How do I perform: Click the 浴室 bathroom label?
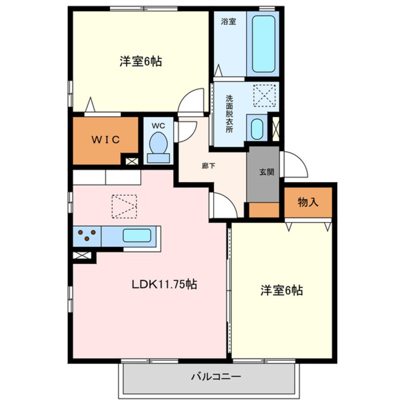(228, 22)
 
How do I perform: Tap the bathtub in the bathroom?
(263, 44)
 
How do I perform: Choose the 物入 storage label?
(308, 202)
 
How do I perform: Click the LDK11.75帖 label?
(165, 284)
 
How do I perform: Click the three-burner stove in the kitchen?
(88, 236)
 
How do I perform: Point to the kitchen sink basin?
(137, 236)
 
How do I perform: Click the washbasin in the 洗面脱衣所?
(257, 128)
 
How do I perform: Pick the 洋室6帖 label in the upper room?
(140, 62)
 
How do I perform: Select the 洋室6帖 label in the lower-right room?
(281, 290)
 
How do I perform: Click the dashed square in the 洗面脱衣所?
(265, 95)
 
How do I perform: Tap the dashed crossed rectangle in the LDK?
(124, 206)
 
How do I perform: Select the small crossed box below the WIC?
(131, 161)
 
